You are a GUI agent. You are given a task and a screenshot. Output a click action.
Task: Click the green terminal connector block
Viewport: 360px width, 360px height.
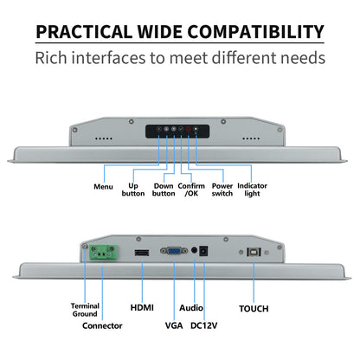coord(104,253)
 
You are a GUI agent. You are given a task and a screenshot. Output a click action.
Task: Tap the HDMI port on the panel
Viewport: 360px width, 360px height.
coord(142,253)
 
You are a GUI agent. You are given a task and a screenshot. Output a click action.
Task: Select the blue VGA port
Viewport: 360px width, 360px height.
coord(174,251)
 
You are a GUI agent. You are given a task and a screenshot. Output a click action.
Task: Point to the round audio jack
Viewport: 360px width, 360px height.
coord(195,250)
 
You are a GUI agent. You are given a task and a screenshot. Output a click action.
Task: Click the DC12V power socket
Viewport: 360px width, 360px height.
coord(203,251)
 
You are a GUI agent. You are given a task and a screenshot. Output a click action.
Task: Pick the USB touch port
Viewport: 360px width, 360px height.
coord(254,252)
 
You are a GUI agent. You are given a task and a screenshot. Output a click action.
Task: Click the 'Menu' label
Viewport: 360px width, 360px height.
coord(103,187)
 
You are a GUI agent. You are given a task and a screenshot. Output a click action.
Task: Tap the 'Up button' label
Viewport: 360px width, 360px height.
coord(133,190)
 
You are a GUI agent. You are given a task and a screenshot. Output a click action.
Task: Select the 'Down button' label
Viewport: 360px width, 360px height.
coord(164,190)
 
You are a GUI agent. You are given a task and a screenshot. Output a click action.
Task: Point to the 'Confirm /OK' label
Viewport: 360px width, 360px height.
coord(191,190)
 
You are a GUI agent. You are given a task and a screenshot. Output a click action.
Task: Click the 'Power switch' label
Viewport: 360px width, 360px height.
coord(222,190)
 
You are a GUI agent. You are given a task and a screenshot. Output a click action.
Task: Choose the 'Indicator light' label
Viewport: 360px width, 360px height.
coord(252,190)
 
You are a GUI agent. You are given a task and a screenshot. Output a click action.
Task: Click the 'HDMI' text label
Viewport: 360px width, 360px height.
coord(142,307)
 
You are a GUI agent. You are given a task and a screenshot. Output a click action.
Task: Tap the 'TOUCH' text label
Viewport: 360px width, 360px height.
coord(254,309)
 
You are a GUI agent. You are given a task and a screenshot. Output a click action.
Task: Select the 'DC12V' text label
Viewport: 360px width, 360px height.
coord(203,325)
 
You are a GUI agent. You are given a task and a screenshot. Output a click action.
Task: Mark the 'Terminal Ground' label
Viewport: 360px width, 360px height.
coord(85,310)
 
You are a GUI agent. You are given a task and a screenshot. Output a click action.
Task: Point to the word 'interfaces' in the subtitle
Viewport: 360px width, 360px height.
coord(108,58)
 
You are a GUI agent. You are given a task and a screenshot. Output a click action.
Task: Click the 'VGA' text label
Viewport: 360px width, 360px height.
coord(174,325)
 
